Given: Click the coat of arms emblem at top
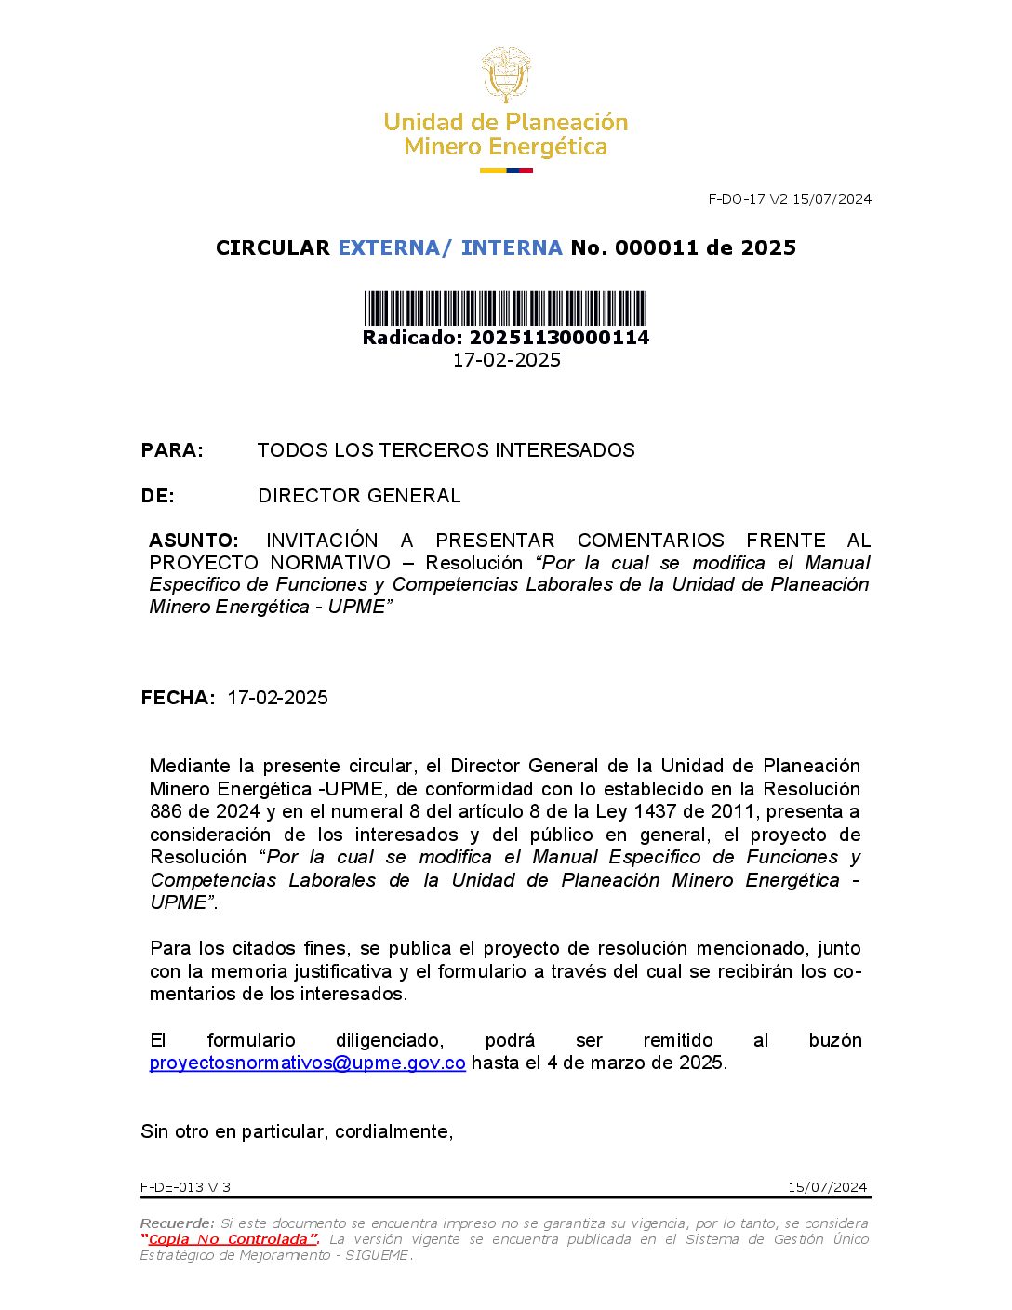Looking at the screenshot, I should point(505,74).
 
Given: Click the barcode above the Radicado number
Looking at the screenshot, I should point(505,308).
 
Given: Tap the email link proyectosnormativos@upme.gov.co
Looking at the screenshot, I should point(307,1063).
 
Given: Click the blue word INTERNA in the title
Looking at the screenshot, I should point(512,247).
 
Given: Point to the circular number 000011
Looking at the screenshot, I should point(656,247).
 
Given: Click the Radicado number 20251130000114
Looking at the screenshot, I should point(559,338).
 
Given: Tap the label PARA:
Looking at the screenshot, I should point(172,450).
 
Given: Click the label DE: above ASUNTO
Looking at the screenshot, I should point(158,496).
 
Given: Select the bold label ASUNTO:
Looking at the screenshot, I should point(193,541).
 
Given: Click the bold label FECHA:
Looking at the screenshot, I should point(178,698).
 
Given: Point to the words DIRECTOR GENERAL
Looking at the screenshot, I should point(359,496).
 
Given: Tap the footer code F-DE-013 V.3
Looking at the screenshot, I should point(185,1187).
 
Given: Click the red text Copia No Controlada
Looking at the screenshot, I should point(230,1239).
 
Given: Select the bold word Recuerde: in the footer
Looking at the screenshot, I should point(177,1223).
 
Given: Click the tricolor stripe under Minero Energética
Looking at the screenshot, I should point(506,170).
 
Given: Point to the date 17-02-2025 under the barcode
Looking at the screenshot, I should point(506,360).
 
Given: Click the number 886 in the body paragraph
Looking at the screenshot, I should point(166,811).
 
